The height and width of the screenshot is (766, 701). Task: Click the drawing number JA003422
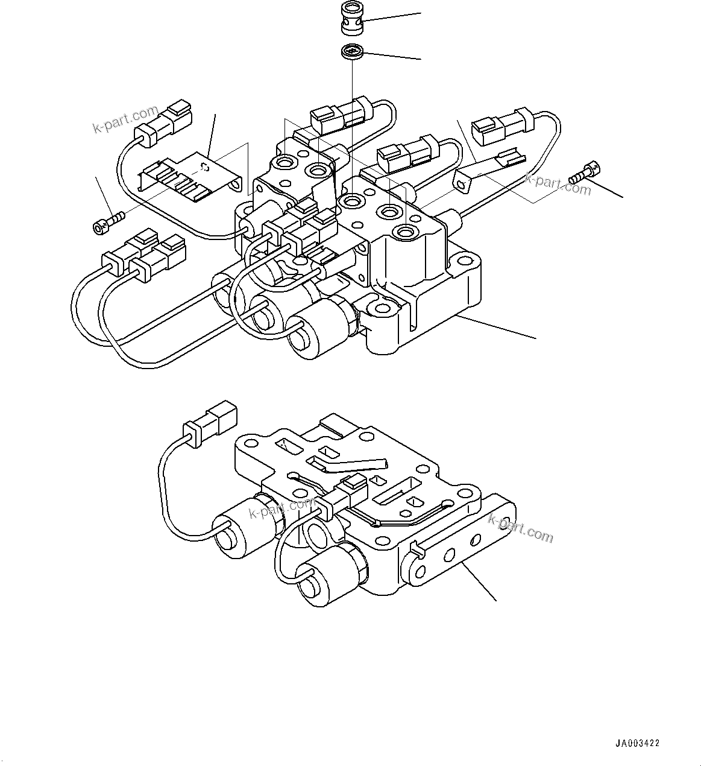pyautogui.click(x=637, y=744)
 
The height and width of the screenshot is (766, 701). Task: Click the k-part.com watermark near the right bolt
pyautogui.click(x=558, y=184)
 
